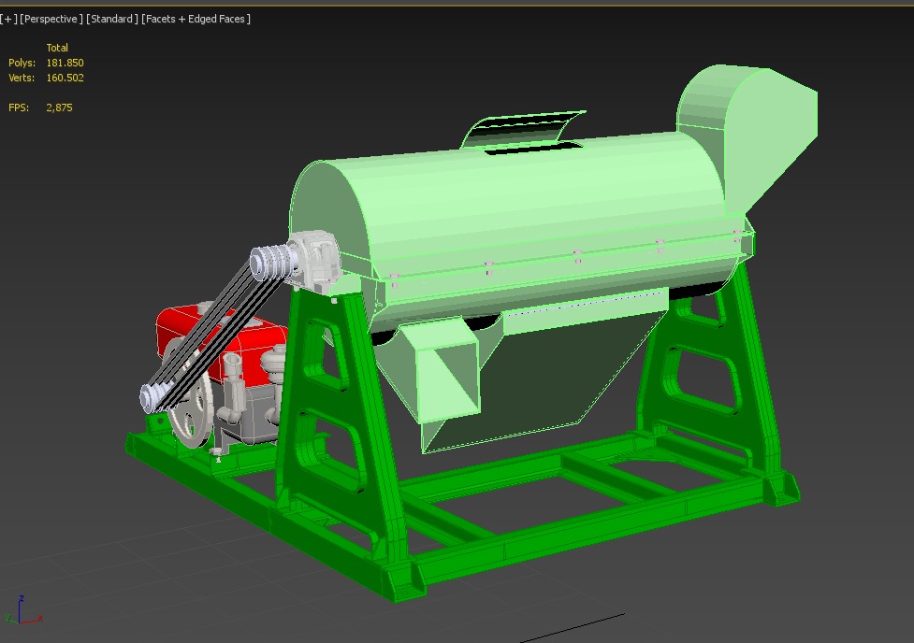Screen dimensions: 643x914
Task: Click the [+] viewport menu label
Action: [x=8, y=19]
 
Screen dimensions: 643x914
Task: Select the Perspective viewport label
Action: [x=51, y=19]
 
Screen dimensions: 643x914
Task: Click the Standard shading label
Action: [x=112, y=19]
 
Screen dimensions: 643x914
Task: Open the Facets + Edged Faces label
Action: [x=196, y=19]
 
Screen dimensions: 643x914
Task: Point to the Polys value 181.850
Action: [x=65, y=63]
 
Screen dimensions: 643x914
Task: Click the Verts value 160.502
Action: [x=65, y=78]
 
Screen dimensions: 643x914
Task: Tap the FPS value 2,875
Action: [x=59, y=107]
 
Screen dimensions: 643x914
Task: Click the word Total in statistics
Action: [x=57, y=48]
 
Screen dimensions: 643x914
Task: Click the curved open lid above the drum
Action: [x=524, y=131]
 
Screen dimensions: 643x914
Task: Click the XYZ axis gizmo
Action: [x=21, y=610]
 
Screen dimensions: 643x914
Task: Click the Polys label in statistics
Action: [x=22, y=63]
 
